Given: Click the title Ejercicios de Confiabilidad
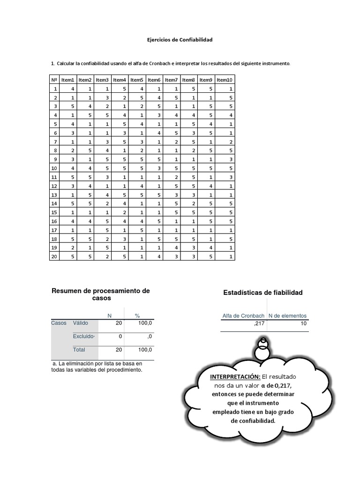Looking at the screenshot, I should (180, 40).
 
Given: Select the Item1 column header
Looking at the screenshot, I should (68, 80).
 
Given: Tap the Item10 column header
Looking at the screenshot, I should (225, 80).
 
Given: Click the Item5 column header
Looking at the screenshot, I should (136, 80).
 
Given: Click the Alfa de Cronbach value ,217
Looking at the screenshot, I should (259, 323).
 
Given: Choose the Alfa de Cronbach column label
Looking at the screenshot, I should (243, 315).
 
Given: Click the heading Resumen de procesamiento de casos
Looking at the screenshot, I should (101, 294).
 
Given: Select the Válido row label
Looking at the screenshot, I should (80, 323).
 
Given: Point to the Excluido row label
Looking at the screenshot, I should (83, 336).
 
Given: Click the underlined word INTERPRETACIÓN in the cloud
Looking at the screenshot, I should (234, 377).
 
